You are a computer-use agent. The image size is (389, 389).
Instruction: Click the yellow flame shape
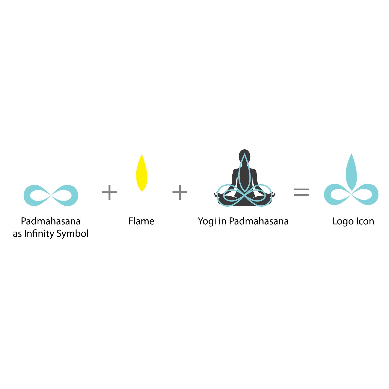click(x=142, y=173)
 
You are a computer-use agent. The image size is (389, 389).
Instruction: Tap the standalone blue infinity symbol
click(x=51, y=195)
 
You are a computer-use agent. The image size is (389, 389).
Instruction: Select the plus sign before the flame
click(x=109, y=192)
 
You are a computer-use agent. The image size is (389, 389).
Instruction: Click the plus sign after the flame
click(x=180, y=192)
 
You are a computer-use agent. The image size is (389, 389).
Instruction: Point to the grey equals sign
click(x=301, y=192)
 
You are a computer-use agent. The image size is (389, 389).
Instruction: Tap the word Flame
click(x=141, y=221)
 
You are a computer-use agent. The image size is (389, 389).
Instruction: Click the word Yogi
click(x=207, y=222)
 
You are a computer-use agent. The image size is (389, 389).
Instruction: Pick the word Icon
click(x=365, y=221)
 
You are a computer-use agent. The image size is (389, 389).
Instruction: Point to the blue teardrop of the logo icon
click(x=351, y=172)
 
